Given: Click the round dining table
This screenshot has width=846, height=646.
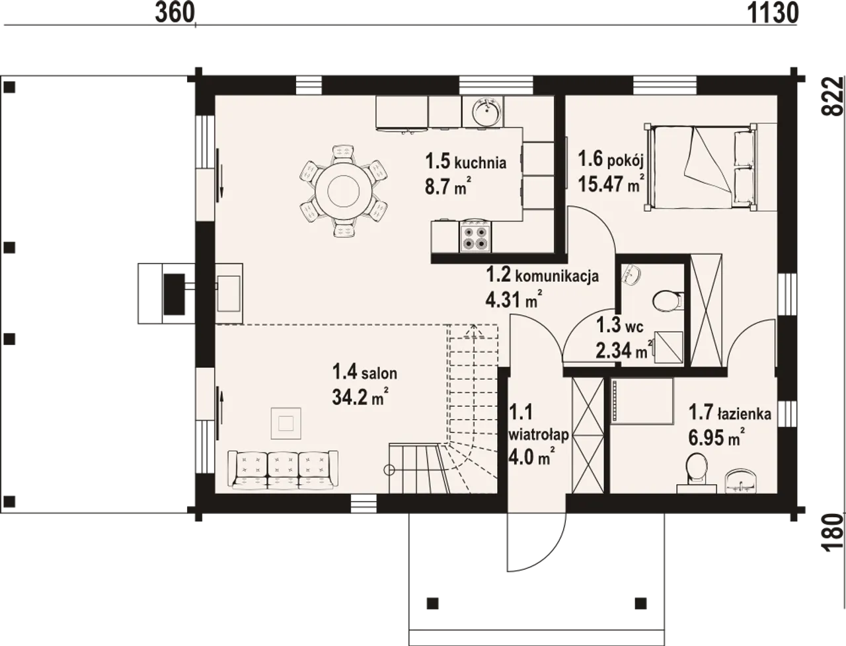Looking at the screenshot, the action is click(x=344, y=191).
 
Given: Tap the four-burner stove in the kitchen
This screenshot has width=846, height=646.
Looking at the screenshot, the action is click(x=475, y=236).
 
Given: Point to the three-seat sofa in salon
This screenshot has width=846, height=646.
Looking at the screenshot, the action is click(x=283, y=470).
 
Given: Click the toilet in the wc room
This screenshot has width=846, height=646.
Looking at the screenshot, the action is click(x=668, y=301).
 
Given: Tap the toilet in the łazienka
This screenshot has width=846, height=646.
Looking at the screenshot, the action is click(x=697, y=469).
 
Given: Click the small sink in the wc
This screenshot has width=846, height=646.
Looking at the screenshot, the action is click(x=631, y=274).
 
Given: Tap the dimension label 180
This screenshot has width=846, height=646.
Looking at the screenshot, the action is click(x=833, y=533).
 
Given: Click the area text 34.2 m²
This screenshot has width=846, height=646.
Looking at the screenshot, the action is click(x=359, y=397).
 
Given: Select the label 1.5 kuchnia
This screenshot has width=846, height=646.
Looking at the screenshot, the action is click(x=465, y=162).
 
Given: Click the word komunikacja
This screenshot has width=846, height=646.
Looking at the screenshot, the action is click(x=557, y=276).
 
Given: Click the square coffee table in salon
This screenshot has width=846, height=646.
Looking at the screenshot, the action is click(x=286, y=423).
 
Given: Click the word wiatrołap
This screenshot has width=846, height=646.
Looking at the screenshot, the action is click(x=539, y=435).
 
